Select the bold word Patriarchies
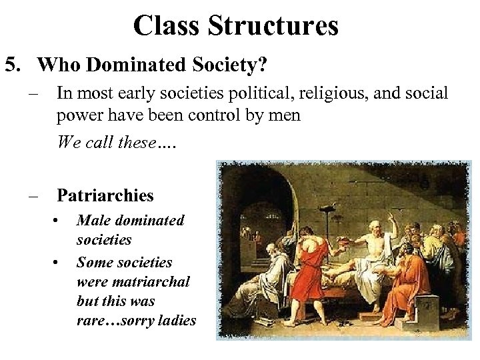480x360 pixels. pyautogui.click(x=105, y=195)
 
